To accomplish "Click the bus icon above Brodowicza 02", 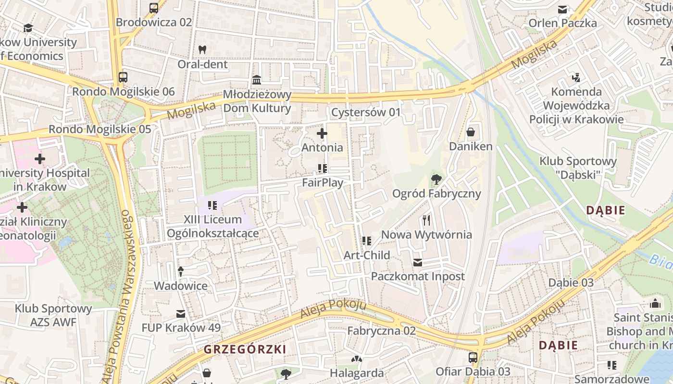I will point(154,8).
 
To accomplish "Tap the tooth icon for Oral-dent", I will point(202,49).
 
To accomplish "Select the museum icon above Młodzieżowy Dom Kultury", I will point(257,79).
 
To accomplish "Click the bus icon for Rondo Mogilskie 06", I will point(123,77).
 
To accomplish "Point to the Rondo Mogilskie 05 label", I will point(100,129).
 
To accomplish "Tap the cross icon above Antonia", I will point(322,133).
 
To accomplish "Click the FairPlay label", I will point(323,182).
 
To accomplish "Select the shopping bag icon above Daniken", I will point(471,132).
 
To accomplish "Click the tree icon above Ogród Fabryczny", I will point(436,180).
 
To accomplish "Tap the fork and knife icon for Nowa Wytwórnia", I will point(426,220).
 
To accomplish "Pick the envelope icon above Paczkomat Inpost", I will point(418,262).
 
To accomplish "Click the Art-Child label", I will point(367,255).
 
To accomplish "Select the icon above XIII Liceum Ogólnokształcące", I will point(212,206).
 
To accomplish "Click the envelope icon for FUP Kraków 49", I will point(181,313).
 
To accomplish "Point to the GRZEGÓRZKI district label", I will point(245,349).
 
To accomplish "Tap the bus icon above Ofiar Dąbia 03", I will point(473,357).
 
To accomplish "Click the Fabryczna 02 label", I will point(381,331).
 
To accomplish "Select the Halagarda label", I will point(357,373).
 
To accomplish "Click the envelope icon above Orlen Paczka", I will point(562,9).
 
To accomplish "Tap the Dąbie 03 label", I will point(571,283).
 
